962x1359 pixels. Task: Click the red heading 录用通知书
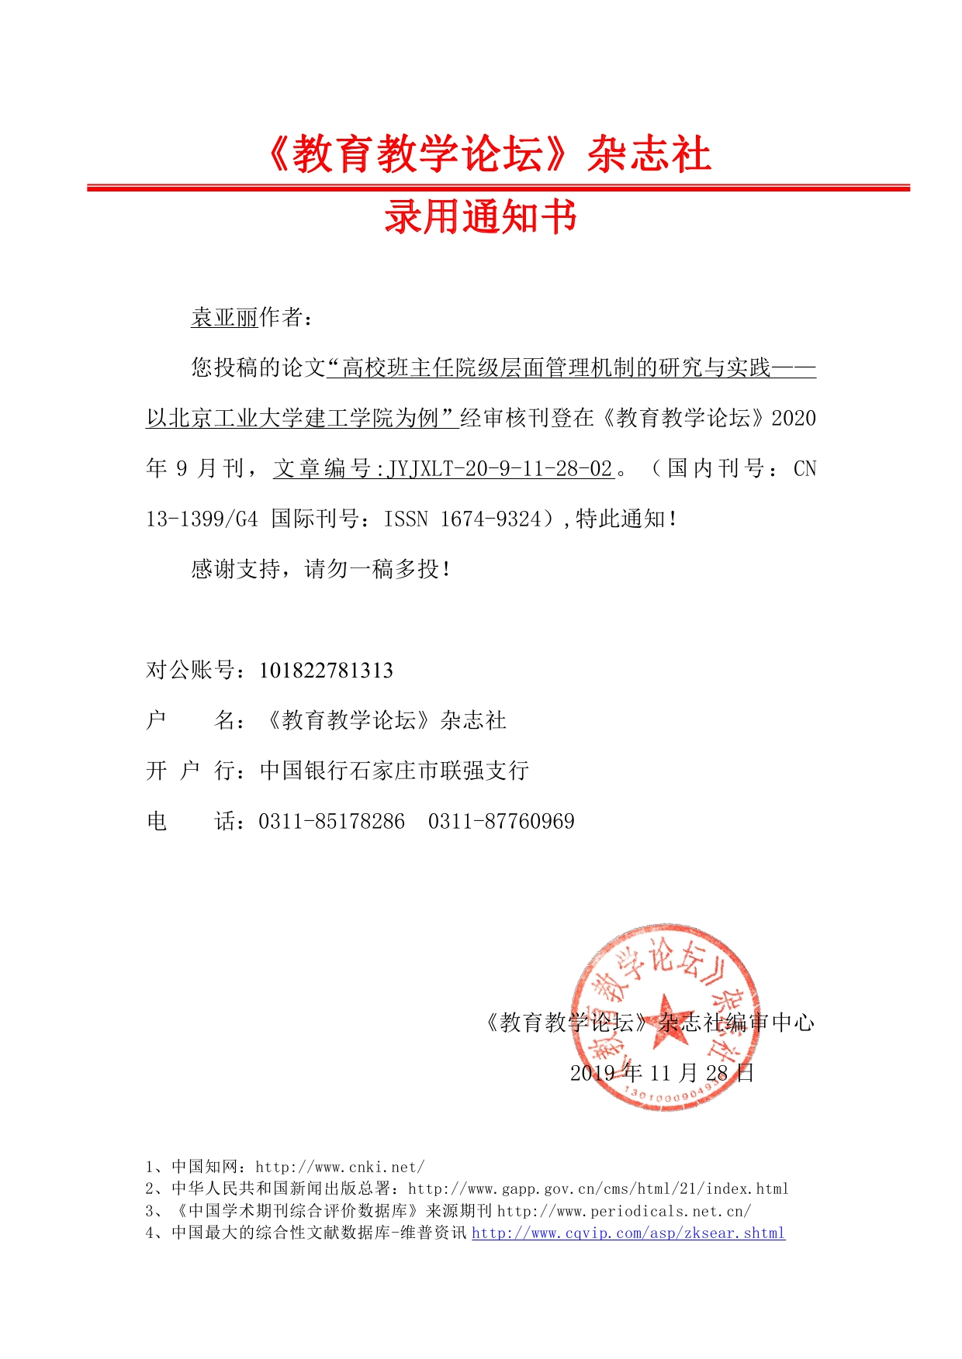[x=480, y=216]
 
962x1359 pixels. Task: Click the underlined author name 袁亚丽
[x=224, y=318]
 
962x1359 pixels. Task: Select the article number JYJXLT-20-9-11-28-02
[x=500, y=469]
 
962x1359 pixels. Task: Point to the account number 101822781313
[x=326, y=671]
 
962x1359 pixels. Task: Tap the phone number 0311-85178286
[x=331, y=822]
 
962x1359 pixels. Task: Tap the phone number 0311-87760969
[x=501, y=822]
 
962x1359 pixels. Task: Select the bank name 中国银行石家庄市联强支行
[x=394, y=771]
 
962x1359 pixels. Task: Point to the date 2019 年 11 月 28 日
[x=662, y=1074]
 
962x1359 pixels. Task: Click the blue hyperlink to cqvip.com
[x=628, y=1233]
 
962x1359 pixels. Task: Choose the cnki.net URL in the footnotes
[x=340, y=1168]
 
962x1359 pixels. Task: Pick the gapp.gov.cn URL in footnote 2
[x=598, y=1189]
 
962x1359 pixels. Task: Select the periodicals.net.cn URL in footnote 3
[x=624, y=1212]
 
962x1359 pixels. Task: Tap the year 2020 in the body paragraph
[x=794, y=419]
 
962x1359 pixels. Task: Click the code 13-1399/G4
[x=202, y=519]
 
